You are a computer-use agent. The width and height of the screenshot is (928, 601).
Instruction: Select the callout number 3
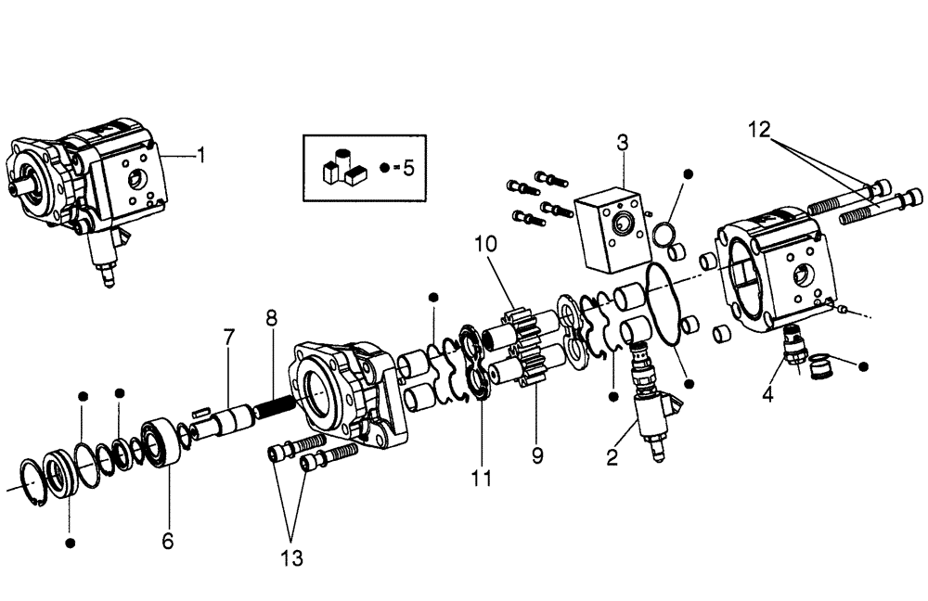623,143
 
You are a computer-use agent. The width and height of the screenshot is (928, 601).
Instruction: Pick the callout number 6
168,540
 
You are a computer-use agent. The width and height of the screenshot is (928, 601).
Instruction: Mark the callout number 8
271,318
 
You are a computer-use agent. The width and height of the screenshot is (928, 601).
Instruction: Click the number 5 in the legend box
406,169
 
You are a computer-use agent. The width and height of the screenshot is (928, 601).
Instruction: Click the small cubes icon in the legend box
340,168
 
